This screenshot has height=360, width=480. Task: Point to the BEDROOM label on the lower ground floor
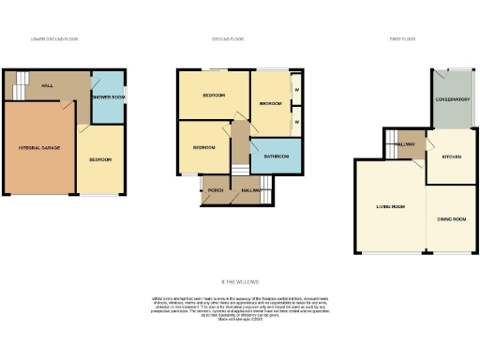point(100,159)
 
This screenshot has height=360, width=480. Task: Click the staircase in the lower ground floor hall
point(17,89)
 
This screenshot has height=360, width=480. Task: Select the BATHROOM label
point(276,156)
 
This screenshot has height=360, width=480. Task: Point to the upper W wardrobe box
point(295,91)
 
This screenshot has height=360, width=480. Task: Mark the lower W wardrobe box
point(295,121)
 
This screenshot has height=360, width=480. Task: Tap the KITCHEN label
point(452,157)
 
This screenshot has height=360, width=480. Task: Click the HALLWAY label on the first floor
point(406,143)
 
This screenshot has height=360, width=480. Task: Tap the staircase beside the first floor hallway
point(388,143)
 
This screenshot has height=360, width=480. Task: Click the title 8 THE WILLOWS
point(240,281)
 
